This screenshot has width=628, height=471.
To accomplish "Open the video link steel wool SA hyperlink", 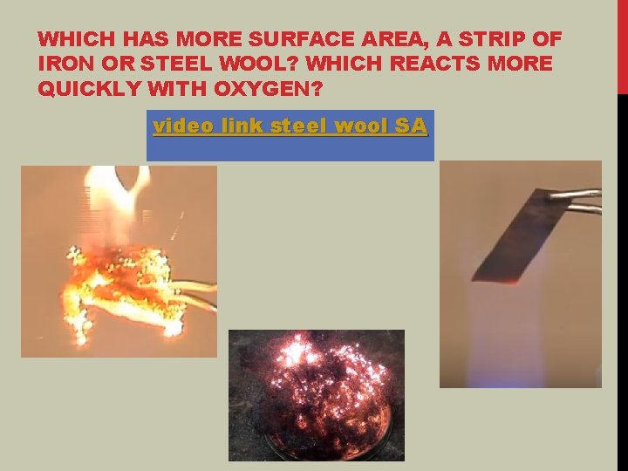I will [x=290, y=126].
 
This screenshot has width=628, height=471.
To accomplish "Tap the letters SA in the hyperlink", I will [x=411, y=126].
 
